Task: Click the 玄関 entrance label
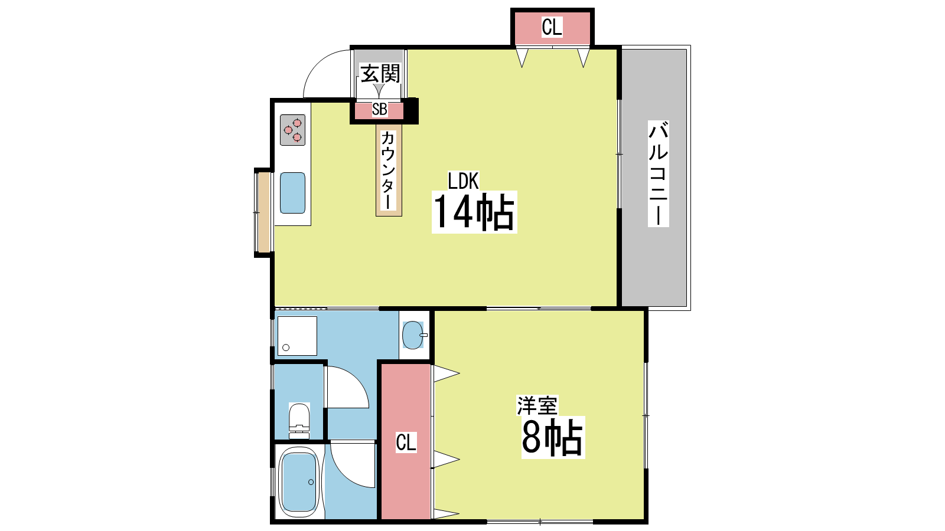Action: click(380, 74)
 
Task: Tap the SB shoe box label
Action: click(380, 110)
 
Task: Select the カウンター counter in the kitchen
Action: click(389, 170)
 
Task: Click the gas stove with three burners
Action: click(292, 130)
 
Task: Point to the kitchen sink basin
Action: click(292, 192)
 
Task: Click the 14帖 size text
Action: click(474, 212)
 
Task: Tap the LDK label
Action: click(463, 181)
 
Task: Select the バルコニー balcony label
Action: click(658, 173)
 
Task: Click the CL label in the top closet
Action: click(552, 27)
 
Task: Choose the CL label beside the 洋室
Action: click(406, 442)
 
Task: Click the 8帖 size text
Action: click(553, 437)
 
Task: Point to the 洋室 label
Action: click(537, 405)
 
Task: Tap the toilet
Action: click(299, 421)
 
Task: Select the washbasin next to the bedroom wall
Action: click(413, 335)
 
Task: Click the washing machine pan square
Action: click(297, 336)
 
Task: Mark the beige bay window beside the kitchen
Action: click(263, 213)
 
